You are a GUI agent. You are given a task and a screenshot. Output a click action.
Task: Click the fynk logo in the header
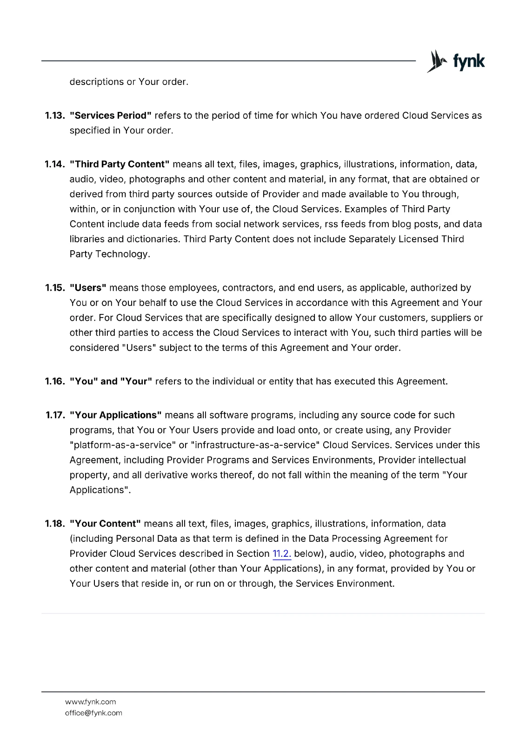click(x=455, y=61)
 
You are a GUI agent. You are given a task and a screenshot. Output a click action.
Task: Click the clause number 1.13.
click(x=54, y=116)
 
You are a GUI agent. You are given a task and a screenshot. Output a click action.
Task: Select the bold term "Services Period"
click(x=111, y=116)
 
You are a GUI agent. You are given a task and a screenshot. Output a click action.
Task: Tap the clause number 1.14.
click(x=54, y=164)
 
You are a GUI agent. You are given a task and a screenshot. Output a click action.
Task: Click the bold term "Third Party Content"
click(x=120, y=164)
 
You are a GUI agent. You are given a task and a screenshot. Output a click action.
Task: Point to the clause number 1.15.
click(x=54, y=288)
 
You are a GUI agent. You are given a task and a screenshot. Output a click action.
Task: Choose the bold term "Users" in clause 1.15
click(x=88, y=288)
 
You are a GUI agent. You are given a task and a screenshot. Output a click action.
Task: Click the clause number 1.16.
click(x=54, y=382)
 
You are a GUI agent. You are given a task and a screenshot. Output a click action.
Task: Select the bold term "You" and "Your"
click(x=111, y=382)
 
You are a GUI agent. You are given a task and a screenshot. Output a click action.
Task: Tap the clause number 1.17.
click(x=54, y=415)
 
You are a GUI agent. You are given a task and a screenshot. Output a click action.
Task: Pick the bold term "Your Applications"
click(x=115, y=415)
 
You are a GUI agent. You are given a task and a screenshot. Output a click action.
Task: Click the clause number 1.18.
click(x=54, y=524)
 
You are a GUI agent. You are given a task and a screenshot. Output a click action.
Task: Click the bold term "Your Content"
click(x=105, y=524)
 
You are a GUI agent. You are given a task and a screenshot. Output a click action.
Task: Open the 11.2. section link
click(x=282, y=554)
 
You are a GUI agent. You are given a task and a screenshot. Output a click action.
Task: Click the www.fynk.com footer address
click(x=90, y=702)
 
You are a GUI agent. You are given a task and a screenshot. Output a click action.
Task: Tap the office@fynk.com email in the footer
click(x=93, y=713)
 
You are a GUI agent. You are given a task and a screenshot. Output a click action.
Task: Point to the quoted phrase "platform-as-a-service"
click(x=123, y=445)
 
